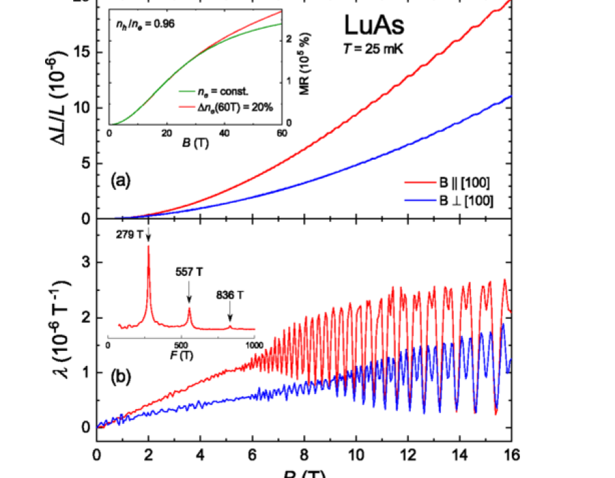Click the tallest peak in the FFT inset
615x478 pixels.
click(x=148, y=247)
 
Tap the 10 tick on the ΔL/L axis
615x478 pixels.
click(x=83, y=108)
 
